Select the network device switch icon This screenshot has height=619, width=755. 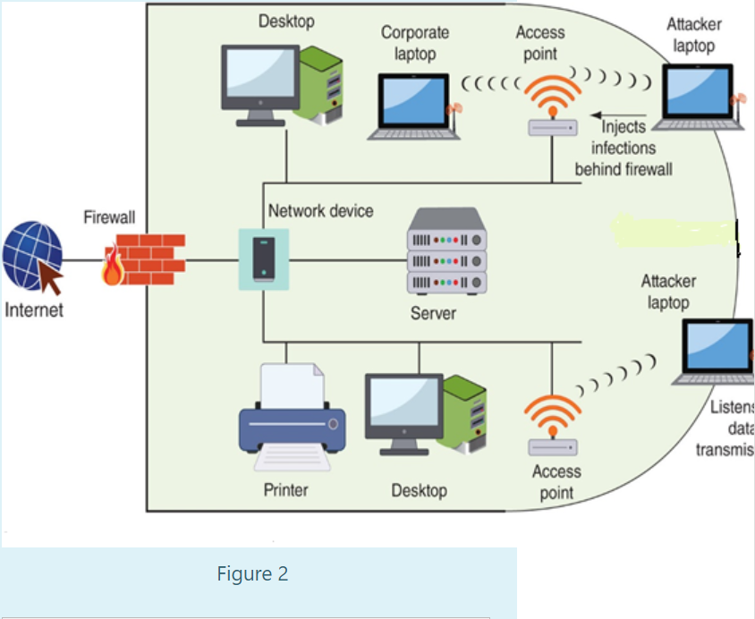coord(263,259)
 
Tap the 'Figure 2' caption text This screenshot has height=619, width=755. coord(252,573)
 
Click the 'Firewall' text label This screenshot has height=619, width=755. coord(109,217)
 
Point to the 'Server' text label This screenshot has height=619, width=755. coord(433,313)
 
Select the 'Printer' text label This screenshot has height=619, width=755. coord(285,489)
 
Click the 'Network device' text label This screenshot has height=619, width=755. coord(320,211)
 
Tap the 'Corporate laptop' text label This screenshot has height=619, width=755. coord(415,43)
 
